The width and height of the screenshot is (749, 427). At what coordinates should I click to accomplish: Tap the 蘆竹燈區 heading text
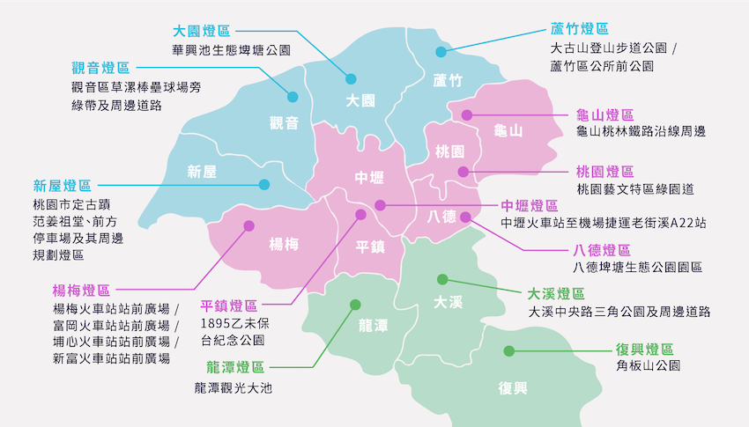tap(579, 30)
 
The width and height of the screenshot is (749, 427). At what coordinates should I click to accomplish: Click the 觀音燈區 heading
tap(100, 68)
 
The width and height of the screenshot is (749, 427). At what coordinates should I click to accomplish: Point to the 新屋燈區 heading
tap(63, 187)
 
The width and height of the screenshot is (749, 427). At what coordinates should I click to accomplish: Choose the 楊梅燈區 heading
tap(82, 291)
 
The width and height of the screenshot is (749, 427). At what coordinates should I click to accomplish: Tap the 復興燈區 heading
tap(645, 349)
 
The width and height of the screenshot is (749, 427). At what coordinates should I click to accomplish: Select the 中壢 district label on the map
tap(369, 178)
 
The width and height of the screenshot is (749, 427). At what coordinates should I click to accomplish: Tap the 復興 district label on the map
tap(512, 388)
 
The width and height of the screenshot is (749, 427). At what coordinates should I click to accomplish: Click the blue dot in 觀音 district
tap(292, 97)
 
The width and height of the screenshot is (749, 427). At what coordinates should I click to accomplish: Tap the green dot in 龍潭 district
tap(355, 305)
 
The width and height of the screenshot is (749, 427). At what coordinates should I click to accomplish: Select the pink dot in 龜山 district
tap(467, 114)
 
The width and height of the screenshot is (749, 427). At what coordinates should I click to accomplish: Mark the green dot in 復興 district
tap(508, 351)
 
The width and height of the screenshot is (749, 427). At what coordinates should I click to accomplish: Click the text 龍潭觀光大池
tap(234, 387)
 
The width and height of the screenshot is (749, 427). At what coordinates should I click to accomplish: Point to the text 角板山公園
tap(648, 366)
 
